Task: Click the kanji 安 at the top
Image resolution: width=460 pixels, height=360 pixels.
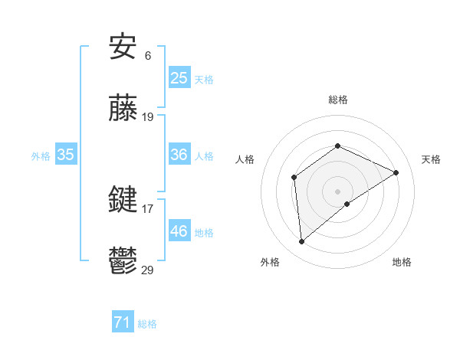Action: click(123, 48)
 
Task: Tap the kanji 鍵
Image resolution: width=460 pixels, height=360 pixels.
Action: click(123, 201)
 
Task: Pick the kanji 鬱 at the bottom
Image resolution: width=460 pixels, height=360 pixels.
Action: click(123, 262)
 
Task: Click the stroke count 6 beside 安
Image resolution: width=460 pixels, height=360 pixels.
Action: click(147, 56)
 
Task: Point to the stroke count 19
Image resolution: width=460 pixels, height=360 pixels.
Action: click(148, 117)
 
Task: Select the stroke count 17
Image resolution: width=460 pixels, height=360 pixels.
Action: click(148, 208)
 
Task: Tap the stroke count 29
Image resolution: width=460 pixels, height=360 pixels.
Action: click(148, 270)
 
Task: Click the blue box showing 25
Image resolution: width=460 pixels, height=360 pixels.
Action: click(179, 77)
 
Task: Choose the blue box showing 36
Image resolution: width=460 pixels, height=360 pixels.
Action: click(179, 155)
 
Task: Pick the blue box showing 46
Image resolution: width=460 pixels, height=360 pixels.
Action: click(179, 231)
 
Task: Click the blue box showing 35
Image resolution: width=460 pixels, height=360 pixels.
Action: click(66, 155)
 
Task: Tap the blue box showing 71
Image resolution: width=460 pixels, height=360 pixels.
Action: click(123, 322)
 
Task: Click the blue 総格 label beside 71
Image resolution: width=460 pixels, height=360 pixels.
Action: click(147, 325)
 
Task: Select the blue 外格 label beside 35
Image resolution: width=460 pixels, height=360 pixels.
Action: click(41, 156)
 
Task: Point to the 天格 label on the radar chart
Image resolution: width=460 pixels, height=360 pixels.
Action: click(431, 159)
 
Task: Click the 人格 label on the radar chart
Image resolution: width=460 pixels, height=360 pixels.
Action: click(245, 159)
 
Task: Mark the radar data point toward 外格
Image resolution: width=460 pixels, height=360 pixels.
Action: click(302, 242)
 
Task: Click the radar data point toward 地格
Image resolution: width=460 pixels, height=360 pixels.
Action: click(347, 204)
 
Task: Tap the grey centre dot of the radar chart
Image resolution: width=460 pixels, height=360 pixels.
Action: click(337, 191)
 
